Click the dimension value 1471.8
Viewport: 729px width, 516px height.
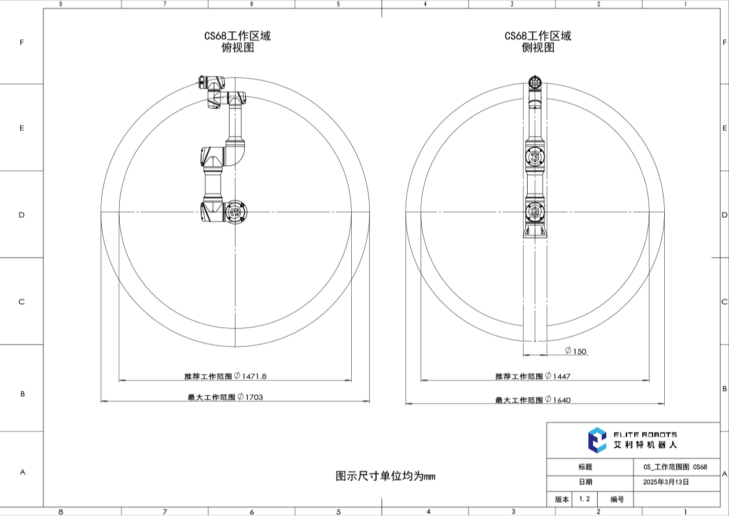coord(255,376)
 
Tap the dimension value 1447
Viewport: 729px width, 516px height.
coord(561,376)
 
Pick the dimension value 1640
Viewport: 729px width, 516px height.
coord(561,400)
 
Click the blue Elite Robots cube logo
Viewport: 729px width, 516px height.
coord(597,440)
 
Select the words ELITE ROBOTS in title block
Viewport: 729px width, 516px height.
coord(645,434)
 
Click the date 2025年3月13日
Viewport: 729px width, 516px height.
coord(665,482)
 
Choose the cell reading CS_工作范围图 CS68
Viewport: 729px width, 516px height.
coord(675,467)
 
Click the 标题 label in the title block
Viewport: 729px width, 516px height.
coord(585,467)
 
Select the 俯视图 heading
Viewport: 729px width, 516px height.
coord(238,48)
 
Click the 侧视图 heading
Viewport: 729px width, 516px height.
coord(538,48)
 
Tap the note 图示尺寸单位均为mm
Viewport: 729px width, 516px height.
coord(385,476)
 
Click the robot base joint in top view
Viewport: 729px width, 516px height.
coord(235,212)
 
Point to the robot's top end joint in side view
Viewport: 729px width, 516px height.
coord(535,82)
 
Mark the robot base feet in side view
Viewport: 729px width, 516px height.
coord(535,231)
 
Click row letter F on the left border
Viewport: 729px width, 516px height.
coord(21,42)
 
